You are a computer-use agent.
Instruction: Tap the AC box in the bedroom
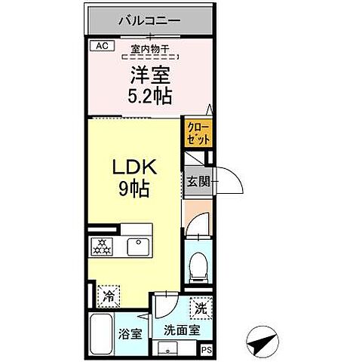[x=102, y=46]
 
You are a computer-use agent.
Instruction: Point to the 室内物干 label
[x=149, y=51]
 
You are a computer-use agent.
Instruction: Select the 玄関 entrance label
[x=198, y=183]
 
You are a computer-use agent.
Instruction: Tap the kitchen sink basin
[x=138, y=244]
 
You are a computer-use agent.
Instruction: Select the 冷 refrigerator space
[x=109, y=296]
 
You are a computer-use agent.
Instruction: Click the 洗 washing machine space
[x=201, y=308]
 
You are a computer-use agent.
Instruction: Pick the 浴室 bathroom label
[x=128, y=334]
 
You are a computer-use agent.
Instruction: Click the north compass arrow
[x=261, y=343]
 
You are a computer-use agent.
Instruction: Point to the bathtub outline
[x=101, y=333]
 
